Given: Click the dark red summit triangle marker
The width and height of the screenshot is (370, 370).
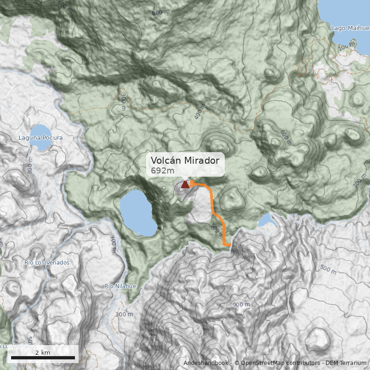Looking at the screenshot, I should point(185,185).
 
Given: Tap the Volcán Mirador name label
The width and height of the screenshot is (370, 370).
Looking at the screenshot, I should point(185,160).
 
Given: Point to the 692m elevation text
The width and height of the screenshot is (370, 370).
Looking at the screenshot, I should point(162,171).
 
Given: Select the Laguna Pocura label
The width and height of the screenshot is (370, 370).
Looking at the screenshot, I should point(40,138).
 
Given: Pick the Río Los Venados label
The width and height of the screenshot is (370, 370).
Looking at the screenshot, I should point(47,263).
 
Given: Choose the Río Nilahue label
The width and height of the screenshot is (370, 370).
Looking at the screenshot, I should point(120,286).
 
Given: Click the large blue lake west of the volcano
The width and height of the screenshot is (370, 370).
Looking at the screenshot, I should point(138,213).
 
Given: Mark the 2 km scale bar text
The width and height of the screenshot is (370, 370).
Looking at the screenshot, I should point(43,352).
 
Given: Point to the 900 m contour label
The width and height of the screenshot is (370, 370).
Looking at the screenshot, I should point(241,304).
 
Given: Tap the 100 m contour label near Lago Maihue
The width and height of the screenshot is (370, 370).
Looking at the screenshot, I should point(345,47).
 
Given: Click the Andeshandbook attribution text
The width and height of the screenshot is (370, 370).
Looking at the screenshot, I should point(206,363).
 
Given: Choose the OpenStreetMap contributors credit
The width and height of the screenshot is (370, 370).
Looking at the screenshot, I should point(277,363).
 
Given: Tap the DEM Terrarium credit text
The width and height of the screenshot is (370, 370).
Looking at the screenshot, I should point(346,363).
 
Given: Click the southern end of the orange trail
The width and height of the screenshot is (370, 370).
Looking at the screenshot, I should point(229,244).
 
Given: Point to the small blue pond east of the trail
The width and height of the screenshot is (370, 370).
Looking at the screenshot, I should point(267,221).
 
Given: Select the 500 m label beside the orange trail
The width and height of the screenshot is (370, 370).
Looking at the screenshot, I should point(216,230).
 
